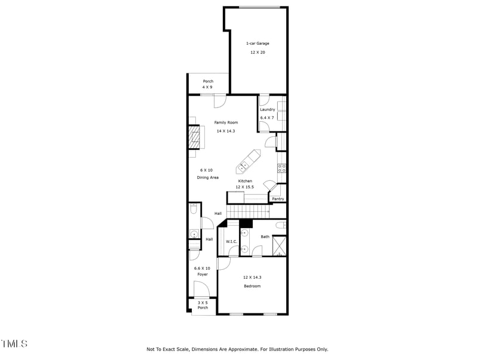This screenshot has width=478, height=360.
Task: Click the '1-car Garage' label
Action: pyautogui.click(x=258, y=44)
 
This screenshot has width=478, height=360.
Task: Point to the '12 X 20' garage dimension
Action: pyautogui.click(x=258, y=53)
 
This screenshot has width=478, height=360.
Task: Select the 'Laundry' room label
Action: pyautogui.click(x=267, y=109)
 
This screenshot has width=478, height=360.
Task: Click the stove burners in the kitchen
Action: pyautogui.click(x=281, y=168)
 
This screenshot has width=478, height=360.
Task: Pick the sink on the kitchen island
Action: pyautogui.click(x=245, y=164)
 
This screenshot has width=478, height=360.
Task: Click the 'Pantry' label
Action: pyautogui.click(x=278, y=199)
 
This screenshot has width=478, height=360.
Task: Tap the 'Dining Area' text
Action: pyautogui.click(x=209, y=177)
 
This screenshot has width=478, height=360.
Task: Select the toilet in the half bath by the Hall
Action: pyautogui.click(x=193, y=210)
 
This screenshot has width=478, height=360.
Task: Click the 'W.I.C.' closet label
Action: pyautogui.click(x=231, y=241)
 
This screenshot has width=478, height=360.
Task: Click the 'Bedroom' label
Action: pyautogui.click(x=252, y=286)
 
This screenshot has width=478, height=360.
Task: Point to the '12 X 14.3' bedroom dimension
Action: pyautogui.click(x=252, y=277)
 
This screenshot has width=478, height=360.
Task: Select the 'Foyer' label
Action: pyautogui.click(x=202, y=274)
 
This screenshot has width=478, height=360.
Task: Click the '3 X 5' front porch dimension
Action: pyautogui.click(x=203, y=302)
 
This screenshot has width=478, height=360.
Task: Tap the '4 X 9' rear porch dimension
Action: pyautogui.click(x=208, y=87)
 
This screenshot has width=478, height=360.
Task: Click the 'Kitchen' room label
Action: pyautogui.click(x=245, y=181)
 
